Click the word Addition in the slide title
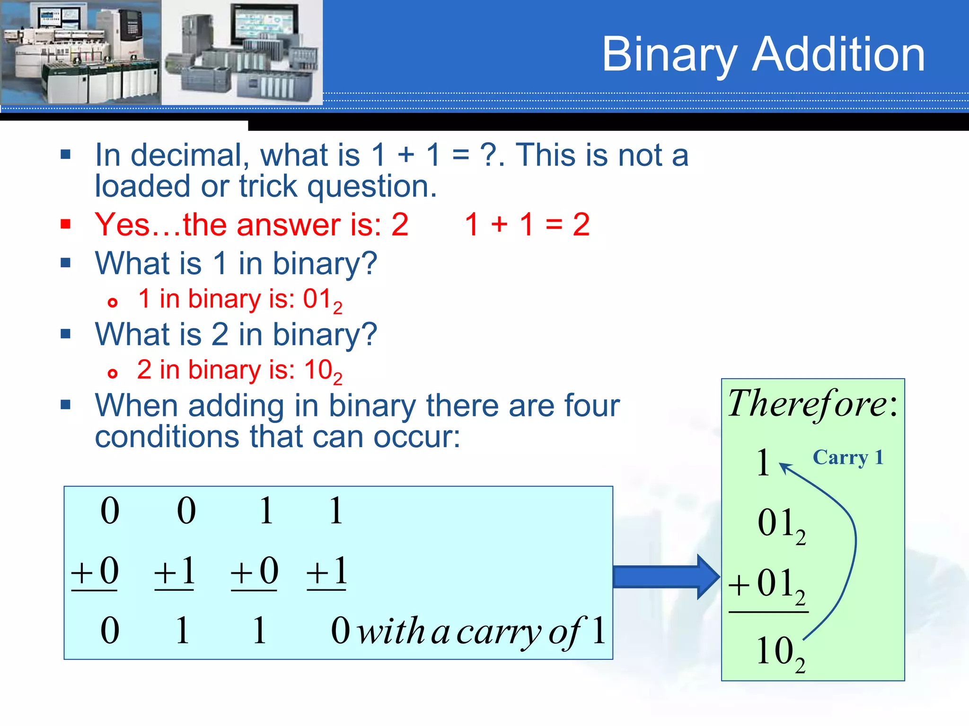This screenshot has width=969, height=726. [838, 55]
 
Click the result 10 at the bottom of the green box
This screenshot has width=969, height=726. [776, 651]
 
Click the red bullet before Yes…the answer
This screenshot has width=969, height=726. [66, 224]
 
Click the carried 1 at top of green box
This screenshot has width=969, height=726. [763, 462]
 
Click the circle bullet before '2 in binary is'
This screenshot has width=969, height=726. [112, 373]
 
